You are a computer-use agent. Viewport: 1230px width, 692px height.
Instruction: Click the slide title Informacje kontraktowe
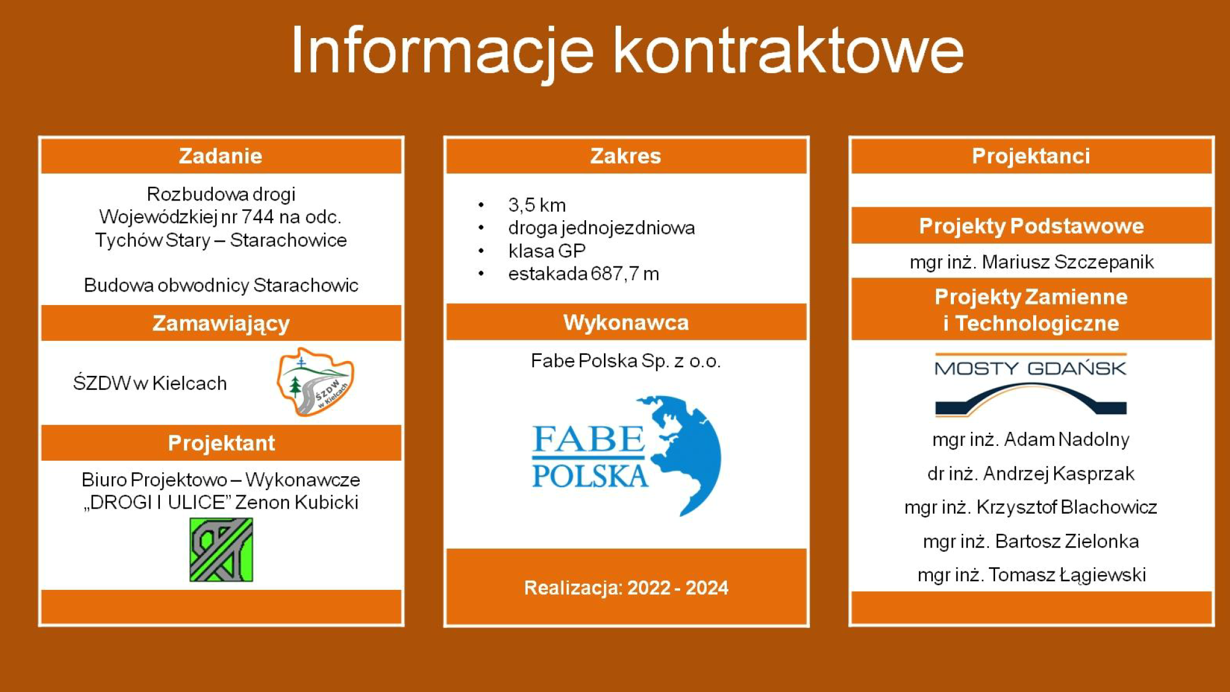tap(627, 52)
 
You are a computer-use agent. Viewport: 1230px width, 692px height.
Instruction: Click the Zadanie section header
tap(221, 156)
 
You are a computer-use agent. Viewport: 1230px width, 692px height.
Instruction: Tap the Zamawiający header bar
tap(221, 323)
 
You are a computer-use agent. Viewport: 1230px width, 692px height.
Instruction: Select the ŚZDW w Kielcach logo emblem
tap(315, 382)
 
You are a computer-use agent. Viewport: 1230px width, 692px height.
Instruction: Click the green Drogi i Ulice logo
tap(221, 549)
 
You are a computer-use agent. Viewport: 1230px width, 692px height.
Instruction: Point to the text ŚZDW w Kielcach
tap(150, 383)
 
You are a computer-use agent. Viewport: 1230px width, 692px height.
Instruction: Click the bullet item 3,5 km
tap(537, 205)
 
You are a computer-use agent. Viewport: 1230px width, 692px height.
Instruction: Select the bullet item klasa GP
tap(547, 251)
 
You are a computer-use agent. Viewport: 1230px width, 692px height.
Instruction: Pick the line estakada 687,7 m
tap(584, 274)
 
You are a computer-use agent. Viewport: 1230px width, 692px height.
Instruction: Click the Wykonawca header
tap(626, 322)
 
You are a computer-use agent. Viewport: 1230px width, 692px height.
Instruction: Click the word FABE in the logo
tap(589, 439)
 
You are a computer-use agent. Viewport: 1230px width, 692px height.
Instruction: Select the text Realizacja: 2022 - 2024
tap(626, 588)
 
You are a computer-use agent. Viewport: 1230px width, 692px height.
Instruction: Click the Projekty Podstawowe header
tap(1031, 226)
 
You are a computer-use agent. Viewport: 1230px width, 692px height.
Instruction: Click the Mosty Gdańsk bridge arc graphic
tap(1031, 399)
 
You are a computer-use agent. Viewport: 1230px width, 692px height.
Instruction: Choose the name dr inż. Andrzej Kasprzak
tap(1031, 474)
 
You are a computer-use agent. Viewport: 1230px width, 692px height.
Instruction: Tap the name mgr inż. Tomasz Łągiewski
tap(1031, 575)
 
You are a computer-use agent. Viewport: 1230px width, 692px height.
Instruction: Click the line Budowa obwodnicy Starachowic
tap(221, 285)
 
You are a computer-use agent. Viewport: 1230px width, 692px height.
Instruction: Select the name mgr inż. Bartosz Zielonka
tap(1031, 541)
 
